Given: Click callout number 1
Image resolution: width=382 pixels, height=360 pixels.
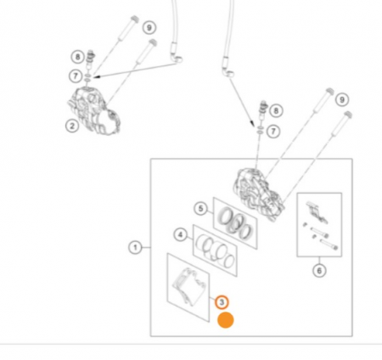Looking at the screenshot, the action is (x=135, y=248).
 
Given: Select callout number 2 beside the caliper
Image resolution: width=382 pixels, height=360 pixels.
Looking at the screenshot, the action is (x=72, y=126).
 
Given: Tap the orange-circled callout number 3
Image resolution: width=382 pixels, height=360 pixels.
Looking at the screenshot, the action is (x=222, y=302).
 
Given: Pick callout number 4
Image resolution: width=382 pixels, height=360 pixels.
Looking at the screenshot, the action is (x=180, y=234).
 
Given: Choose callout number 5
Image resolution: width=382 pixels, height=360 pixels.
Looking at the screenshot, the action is (x=200, y=209).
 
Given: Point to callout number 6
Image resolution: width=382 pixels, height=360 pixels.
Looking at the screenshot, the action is (x=319, y=271).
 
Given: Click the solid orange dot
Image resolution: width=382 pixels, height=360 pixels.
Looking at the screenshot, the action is (x=226, y=320).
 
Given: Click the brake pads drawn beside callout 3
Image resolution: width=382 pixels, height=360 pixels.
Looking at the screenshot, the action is (x=188, y=286).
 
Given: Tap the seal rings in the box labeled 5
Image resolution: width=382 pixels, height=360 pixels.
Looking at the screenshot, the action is (x=235, y=222).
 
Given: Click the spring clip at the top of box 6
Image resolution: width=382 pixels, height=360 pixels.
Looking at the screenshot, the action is (x=317, y=211).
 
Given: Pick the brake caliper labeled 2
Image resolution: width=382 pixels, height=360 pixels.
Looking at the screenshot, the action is (x=93, y=111).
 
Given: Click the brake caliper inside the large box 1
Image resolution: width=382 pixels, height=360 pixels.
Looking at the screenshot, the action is (x=259, y=194).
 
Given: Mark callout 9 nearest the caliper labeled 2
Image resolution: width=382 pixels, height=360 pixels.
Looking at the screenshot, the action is (x=149, y=28).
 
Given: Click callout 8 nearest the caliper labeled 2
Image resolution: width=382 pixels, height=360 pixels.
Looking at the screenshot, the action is (x=77, y=57).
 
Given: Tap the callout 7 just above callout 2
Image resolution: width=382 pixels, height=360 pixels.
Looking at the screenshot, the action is (x=76, y=76).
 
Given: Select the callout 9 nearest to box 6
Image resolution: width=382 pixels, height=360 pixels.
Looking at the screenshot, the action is (x=342, y=99).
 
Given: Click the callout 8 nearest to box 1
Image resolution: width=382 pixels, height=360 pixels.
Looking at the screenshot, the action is (x=276, y=110).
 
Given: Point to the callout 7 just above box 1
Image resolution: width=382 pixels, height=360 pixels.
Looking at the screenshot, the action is (x=273, y=132).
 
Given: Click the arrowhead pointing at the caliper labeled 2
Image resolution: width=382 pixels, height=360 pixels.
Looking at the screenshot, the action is (x=96, y=76).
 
